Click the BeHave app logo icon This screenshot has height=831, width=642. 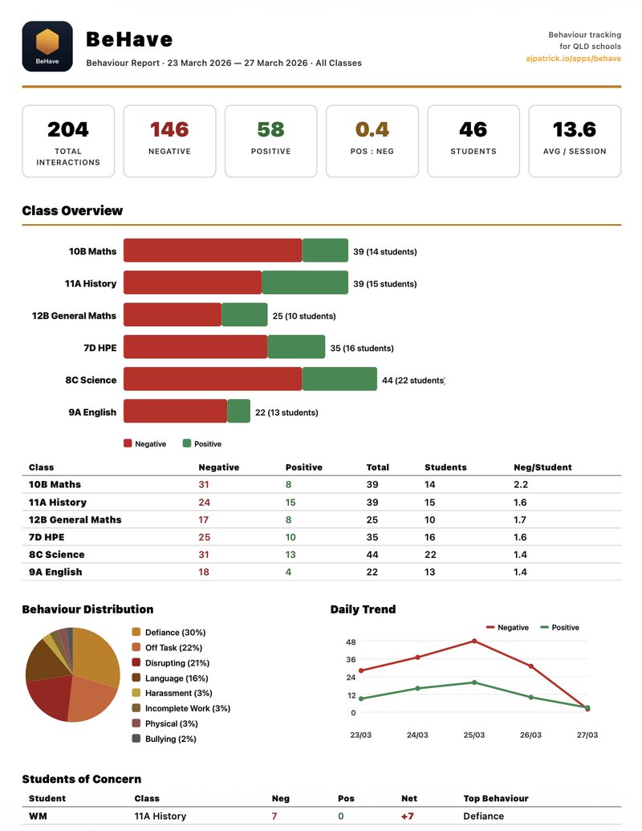pos(47,46)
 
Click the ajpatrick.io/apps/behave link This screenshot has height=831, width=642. pos(573,59)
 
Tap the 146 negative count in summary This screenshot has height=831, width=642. pos(169,129)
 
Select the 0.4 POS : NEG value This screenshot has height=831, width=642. pos(372,129)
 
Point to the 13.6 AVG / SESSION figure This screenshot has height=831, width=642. pos(574,129)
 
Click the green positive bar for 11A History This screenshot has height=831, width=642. pos(304,283)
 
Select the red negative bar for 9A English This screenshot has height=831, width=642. pos(175,411)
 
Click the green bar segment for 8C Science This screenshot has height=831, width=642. pos(339,379)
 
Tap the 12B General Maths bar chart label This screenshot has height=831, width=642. pos(74,316)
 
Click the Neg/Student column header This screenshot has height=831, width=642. pos(542,467)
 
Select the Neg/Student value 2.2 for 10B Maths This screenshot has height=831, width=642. pos(520,485)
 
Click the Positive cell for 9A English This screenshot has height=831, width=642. pos(288,572)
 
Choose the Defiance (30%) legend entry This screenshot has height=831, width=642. pos(175,633)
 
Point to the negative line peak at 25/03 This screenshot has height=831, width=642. pos(474,641)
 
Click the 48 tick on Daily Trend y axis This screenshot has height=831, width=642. pos(351,642)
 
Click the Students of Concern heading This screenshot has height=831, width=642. pos(81,779)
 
